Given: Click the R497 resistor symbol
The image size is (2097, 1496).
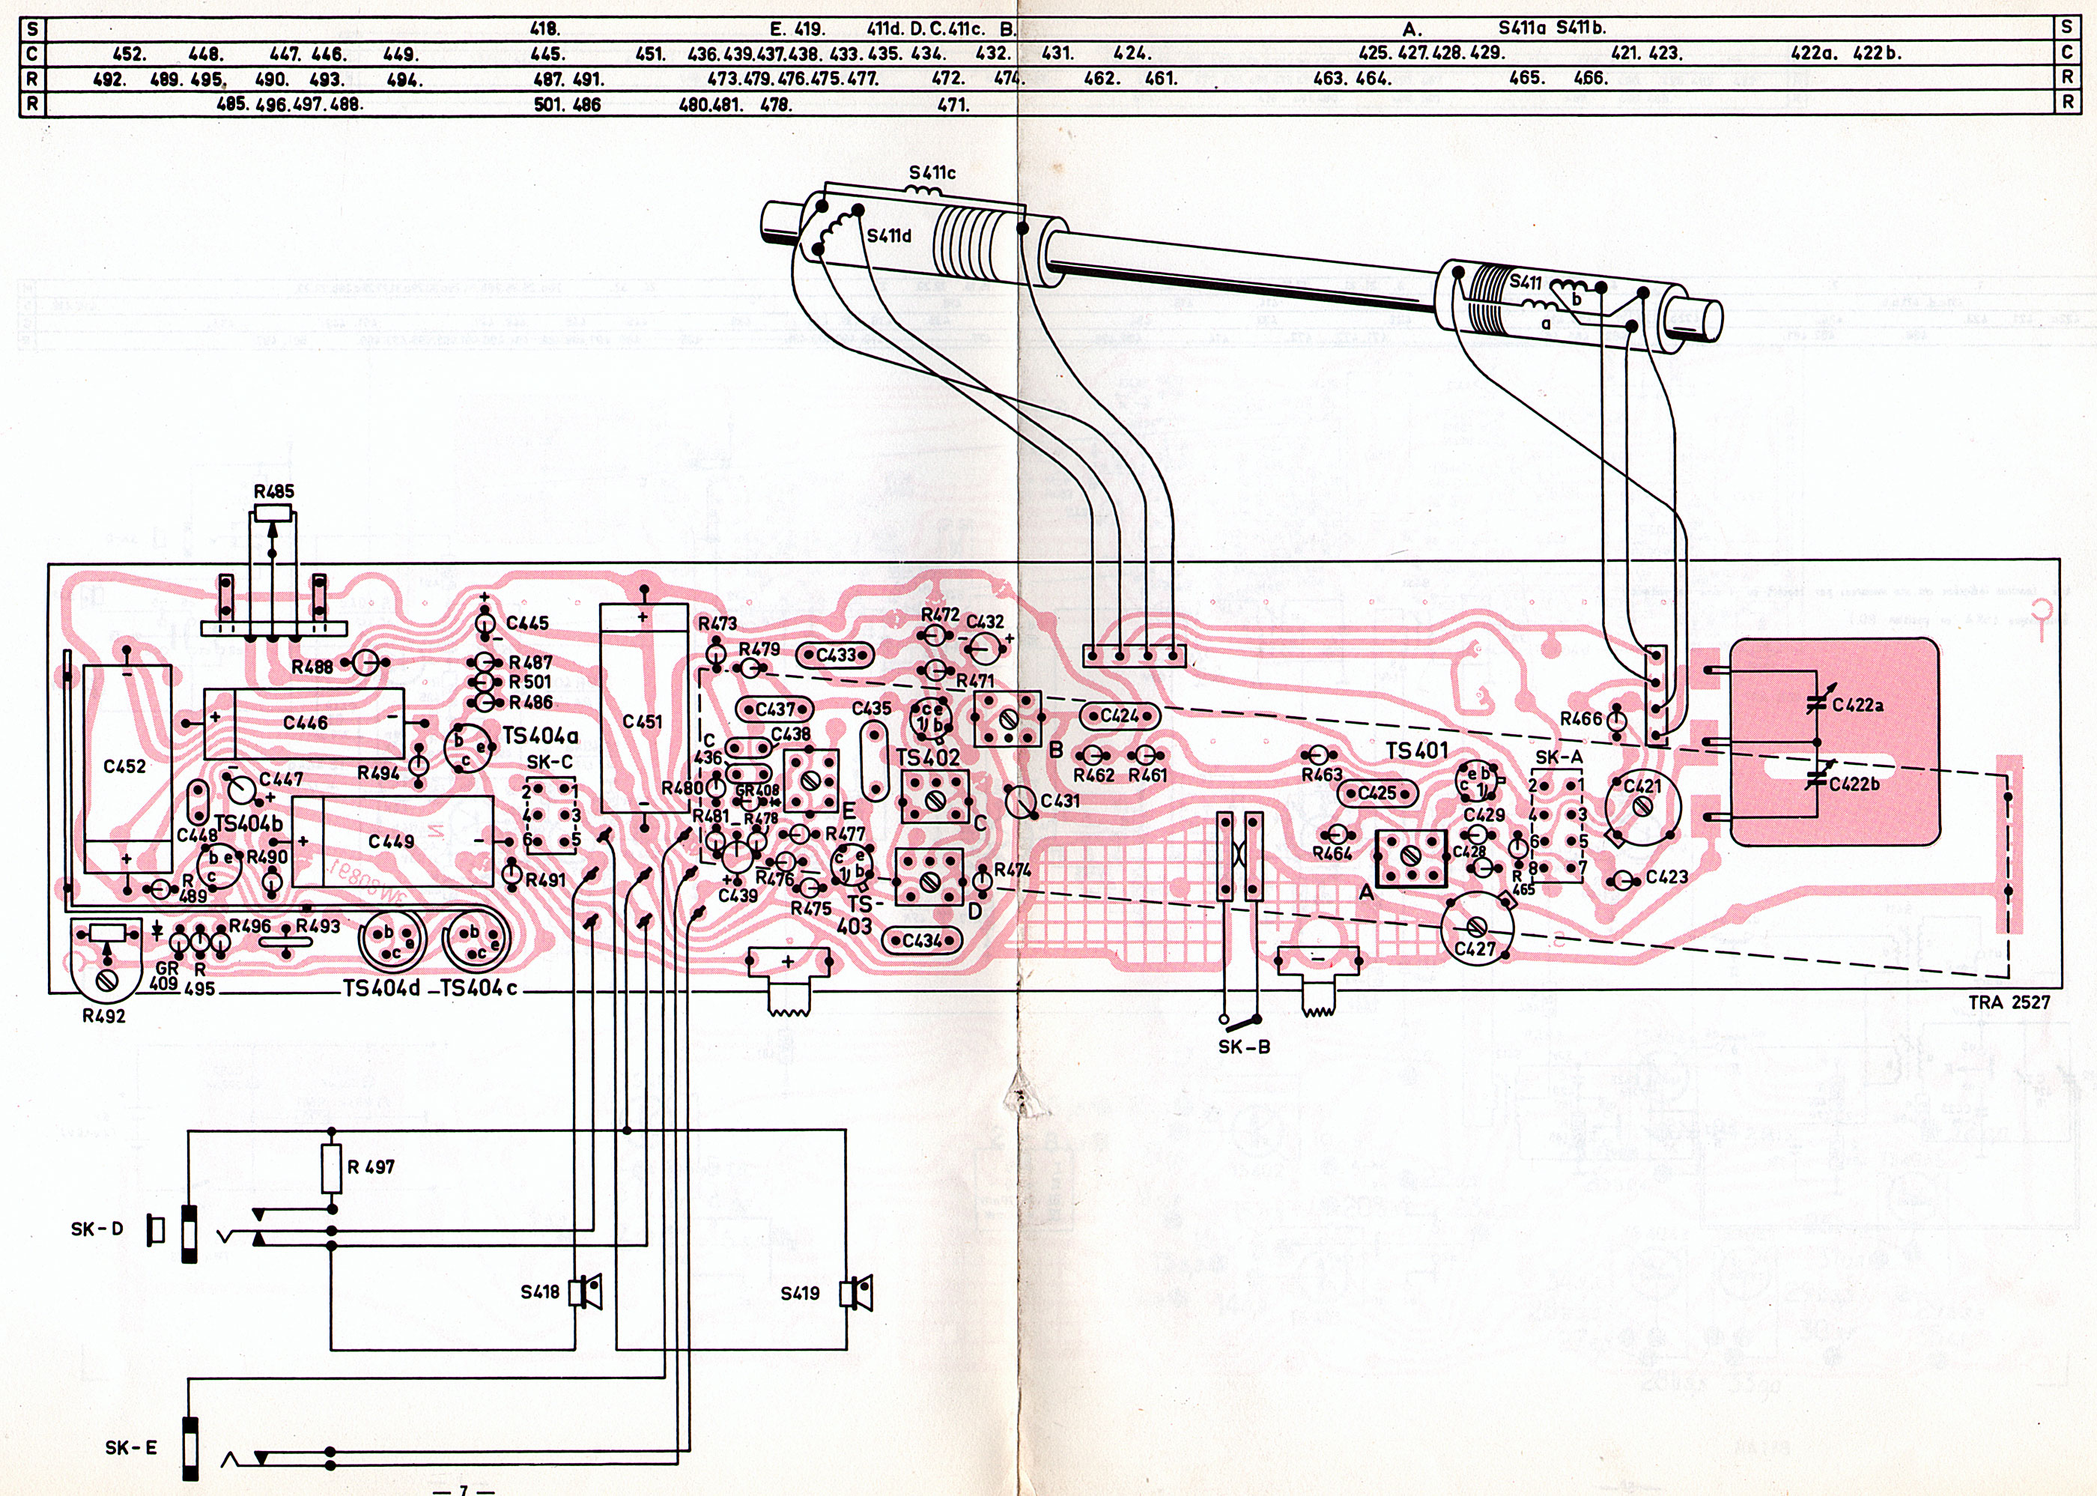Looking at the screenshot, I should pos(332,1168).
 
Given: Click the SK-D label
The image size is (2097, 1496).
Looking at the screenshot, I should pos(97,1229).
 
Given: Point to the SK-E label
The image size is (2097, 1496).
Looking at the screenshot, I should pos(131,1447).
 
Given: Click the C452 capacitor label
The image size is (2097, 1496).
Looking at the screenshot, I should pos(124,766).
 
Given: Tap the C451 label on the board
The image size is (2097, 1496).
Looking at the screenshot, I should pos(642,721).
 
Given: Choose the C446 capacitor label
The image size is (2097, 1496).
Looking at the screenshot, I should pos(305,723).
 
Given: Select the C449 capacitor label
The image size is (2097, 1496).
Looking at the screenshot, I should pos(392,841).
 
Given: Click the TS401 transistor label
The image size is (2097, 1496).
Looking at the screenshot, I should pos(1416,751).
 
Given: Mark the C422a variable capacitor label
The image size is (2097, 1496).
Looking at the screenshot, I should pos(1857,706).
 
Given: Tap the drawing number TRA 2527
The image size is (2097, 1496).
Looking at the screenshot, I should pos(2009,1002).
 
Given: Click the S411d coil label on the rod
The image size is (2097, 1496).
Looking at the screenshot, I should pos(889,236).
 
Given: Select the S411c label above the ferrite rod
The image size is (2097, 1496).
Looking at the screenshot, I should pos(932,172).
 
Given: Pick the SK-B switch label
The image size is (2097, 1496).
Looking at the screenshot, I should pos(1244,1047).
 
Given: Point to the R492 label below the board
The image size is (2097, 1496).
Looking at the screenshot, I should pos(103,1016).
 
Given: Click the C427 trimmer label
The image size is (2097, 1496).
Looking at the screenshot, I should pos(1475,948).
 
